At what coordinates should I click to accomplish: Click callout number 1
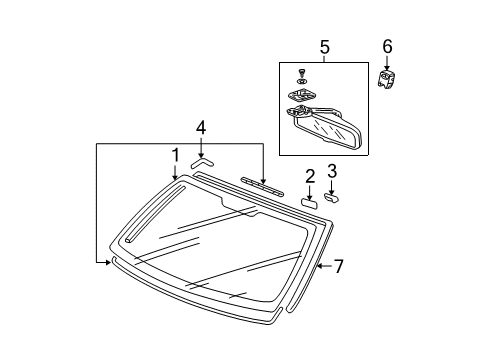(x=176, y=156)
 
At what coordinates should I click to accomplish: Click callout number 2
(x=310, y=177)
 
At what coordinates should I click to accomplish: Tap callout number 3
(x=333, y=171)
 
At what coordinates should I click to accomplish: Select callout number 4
(x=201, y=127)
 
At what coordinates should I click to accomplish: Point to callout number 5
(x=324, y=47)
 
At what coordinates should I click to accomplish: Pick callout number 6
(x=387, y=46)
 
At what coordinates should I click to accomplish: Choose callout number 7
(x=338, y=266)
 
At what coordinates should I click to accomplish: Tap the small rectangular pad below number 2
(x=309, y=202)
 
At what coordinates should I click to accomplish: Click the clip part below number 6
(x=386, y=77)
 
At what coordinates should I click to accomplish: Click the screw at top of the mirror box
(x=302, y=69)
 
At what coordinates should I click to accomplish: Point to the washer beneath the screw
(x=302, y=81)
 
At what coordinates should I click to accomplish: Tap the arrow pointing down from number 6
(x=387, y=62)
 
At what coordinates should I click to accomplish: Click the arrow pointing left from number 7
(x=322, y=266)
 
